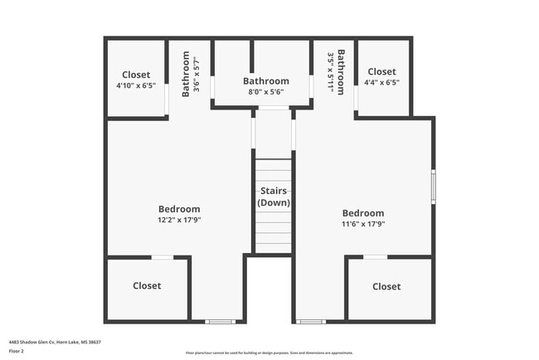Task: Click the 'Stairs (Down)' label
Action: (273, 197)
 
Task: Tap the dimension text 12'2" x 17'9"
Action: (179, 221)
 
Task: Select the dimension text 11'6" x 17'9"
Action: (363, 224)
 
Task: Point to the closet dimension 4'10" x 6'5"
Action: (136, 85)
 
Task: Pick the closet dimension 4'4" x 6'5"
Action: (381, 83)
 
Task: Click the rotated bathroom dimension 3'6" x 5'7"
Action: (197, 71)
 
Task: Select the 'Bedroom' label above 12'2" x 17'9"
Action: (179, 209)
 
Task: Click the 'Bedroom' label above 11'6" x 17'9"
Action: (363, 212)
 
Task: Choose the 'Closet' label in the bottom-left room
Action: (147, 286)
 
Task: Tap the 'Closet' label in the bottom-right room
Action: (386, 287)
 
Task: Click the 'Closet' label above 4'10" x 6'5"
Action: (136, 75)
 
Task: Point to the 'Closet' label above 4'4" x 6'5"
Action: (381, 72)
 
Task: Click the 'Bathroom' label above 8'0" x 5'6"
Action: (266, 81)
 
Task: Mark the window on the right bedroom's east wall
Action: (433, 187)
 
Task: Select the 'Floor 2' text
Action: (17, 350)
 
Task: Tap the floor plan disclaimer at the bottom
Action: (269, 353)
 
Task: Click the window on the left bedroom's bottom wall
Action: (220, 321)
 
